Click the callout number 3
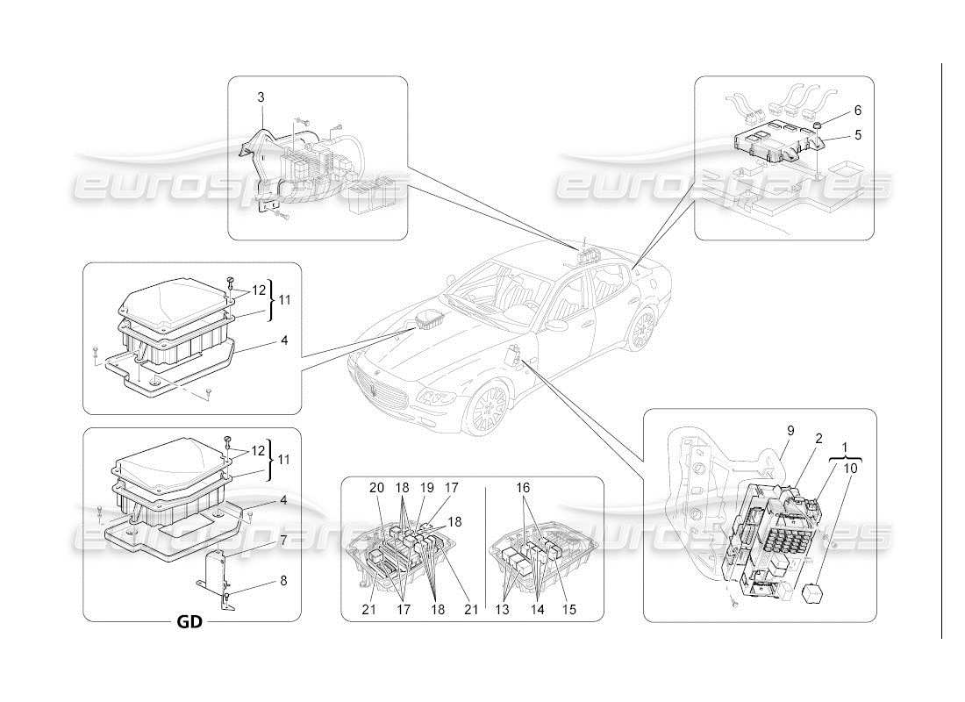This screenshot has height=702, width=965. tap(260, 97)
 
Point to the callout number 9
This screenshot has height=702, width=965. tap(790, 431)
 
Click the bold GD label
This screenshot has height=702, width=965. tap(189, 622)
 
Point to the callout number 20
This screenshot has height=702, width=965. tap(376, 488)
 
